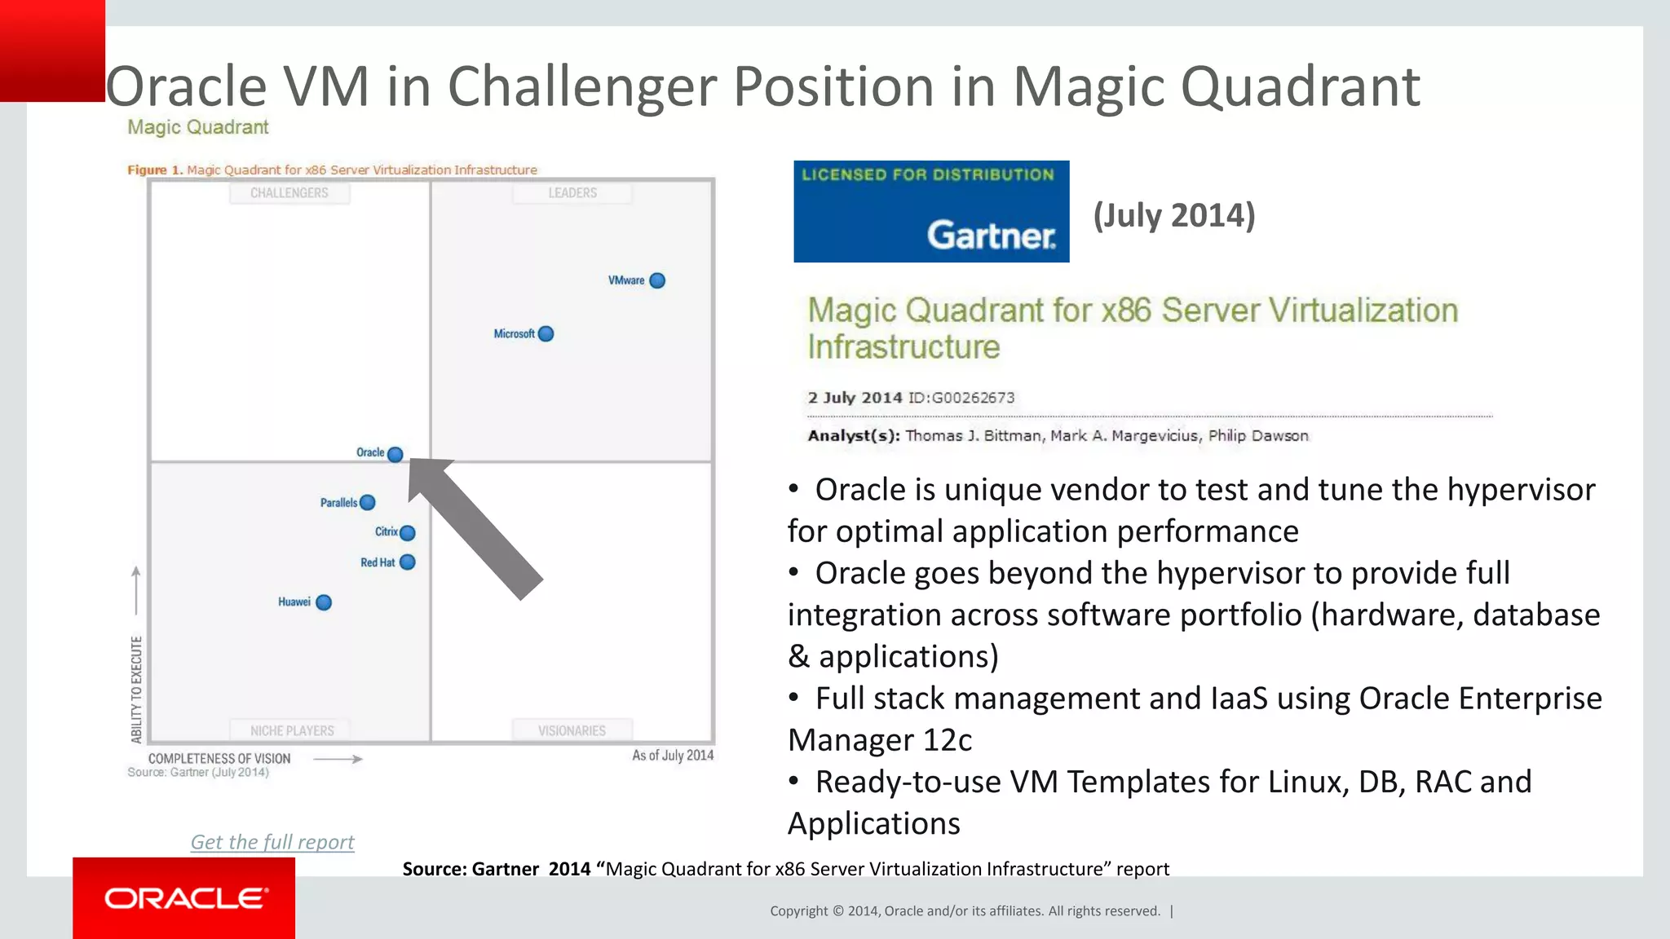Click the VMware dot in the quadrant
tap(657, 281)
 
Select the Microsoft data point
tap(546, 334)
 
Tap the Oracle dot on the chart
tap(395, 455)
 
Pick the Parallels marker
tap(368, 503)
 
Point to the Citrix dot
tap(408, 533)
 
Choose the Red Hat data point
tap(408, 562)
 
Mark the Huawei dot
tap(324, 603)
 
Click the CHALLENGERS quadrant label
tap(289, 193)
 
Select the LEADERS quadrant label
tap(572, 193)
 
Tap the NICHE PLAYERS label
tap(292, 731)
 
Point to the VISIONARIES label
tap(572, 731)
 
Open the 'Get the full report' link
tap(272, 842)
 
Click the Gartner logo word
tap(992, 236)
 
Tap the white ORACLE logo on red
tap(186, 898)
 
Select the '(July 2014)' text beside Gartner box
tap(1174, 215)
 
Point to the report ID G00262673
tap(974, 398)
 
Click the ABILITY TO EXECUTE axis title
tap(137, 690)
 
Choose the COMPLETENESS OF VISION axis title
tap(219, 759)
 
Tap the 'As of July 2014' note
tap(673, 756)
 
